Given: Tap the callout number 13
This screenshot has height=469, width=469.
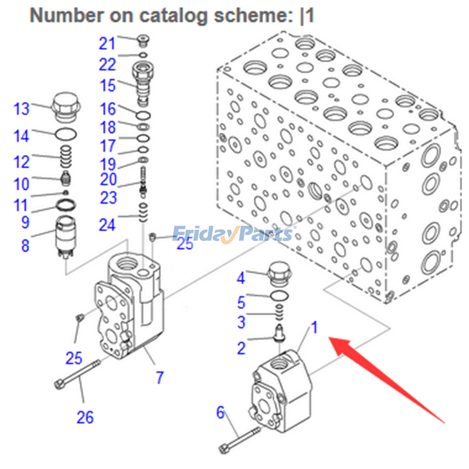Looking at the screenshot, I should tap(22, 109).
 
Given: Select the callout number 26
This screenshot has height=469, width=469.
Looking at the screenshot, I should tap(85, 417).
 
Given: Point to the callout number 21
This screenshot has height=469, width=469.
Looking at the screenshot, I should tap(108, 43).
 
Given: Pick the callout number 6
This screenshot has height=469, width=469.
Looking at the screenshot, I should tap(220, 413).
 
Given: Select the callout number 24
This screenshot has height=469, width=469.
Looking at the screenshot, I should tap(107, 224).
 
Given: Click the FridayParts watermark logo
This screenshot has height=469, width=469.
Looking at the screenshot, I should tap(234, 234).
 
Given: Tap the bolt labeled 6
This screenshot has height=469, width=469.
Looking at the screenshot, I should tap(240, 439).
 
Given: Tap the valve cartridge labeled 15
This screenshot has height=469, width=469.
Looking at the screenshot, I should tap(142, 82).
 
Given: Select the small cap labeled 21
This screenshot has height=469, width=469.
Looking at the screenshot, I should tap(141, 40).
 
